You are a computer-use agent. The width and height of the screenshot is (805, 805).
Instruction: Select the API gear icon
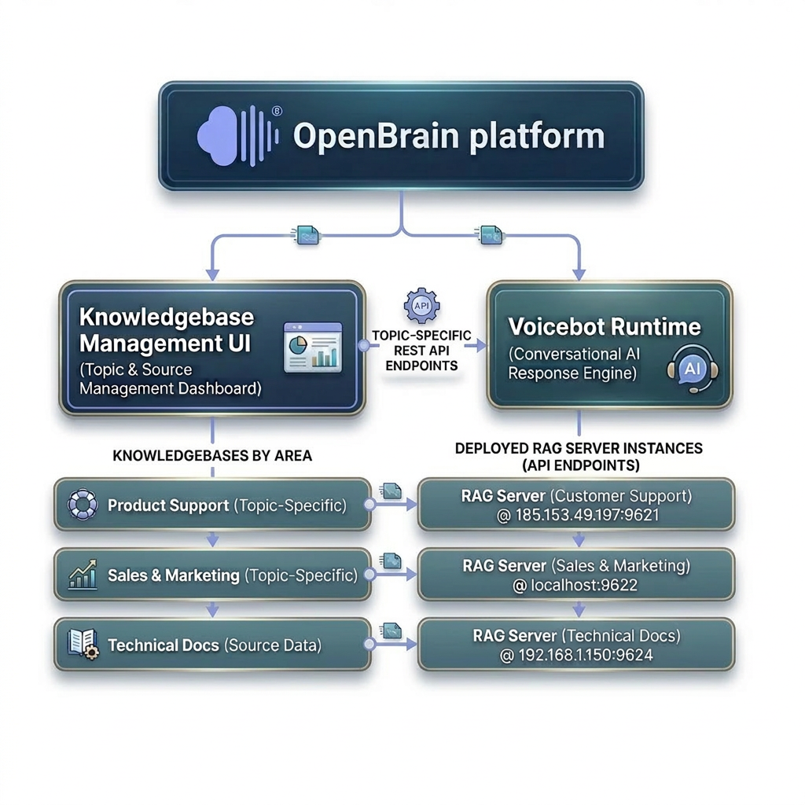click(421, 306)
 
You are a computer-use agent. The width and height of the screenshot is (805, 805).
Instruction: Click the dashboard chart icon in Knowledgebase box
click(313, 347)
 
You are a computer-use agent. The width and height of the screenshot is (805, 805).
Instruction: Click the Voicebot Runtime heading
click(605, 326)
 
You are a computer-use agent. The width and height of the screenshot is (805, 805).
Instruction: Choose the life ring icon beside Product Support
click(83, 505)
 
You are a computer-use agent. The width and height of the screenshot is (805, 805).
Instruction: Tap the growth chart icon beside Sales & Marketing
click(83, 575)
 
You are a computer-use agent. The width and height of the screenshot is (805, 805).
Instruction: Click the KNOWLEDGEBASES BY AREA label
click(212, 456)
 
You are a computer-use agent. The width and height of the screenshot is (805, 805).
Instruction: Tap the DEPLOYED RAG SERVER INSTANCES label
click(579, 448)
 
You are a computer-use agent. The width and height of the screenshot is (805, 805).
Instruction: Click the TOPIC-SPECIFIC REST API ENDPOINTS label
click(421, 351)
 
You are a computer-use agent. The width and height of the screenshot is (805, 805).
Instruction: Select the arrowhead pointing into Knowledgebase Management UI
click(212, 274)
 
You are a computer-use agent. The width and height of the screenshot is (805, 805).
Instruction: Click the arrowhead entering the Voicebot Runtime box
click(579, 274)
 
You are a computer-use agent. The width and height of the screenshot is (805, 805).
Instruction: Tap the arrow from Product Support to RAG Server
click(393, 505)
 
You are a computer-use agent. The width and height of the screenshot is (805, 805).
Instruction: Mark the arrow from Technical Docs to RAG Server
click(393, 645)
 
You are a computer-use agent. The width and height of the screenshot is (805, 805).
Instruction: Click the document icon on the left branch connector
click(307, 236)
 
